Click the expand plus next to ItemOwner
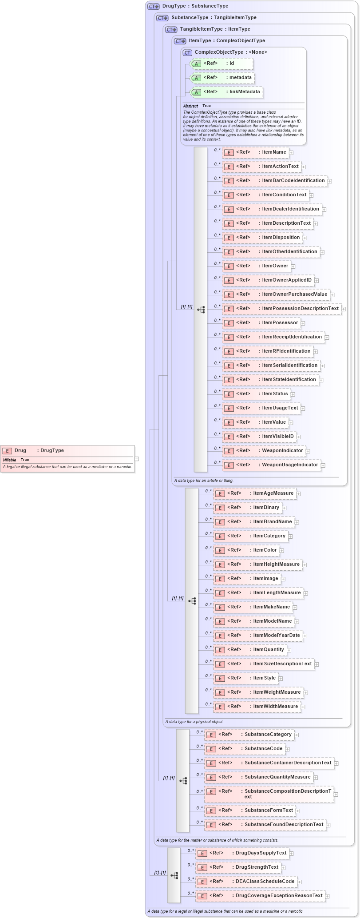pyautogui.click(x=293, y=266)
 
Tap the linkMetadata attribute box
pyautogui.click(x=226, y=92)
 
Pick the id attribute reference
pyautogui.click(x=221, y=64)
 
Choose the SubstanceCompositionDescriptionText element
pyautogui.click(x=269, y=794)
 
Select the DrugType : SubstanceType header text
pyautogui.click(x=195, y=6)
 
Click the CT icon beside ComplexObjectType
pyautogui.click(x=187, y=52)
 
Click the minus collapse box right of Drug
pyautogui.click(x=137, y=459)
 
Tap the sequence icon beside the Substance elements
pyautogui.click(x=183, y=780)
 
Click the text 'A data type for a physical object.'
pyautogui.click(x=194, y=722)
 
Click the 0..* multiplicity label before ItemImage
pyautogui.click(x=208, y=576)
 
